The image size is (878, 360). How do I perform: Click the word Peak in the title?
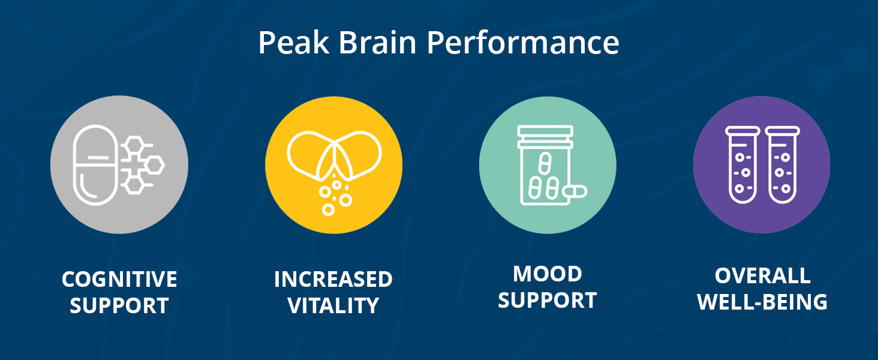pyautogui.click(x=294, y=43)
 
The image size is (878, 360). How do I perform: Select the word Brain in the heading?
pyautogui.click(x=377, y=43)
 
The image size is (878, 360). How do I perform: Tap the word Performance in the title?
pyautogui.click(x=523, y=43)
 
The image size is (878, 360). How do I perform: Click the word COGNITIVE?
pyautogui.click(x=119, y=279)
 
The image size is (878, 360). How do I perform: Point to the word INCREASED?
pyautogui.click(x=333, y=279)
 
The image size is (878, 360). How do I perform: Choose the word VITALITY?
pyautogui.click(x=333, y=305)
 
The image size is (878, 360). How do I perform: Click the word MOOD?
pyautogui.click(x=548, y=274)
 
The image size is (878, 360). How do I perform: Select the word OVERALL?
pyautogui.click(x=762, y=275)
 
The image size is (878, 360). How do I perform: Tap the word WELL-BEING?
pyautogui.click(x=762, y=302)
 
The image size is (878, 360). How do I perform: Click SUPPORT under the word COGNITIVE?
pyautogui.click(x=119, y=305)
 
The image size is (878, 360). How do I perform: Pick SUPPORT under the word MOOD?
pyautogui.click(x=548, y=300)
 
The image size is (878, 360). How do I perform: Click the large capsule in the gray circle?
pyautogui.click(x=95, y=165)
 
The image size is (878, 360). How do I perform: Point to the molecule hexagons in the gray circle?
pyautogui.click(x=142, y=165)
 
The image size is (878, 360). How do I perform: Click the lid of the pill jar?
pyautogui.click(x=545, y=137)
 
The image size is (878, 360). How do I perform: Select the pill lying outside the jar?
pyautogui.click(x=575, y=191)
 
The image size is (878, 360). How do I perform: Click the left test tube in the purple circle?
pyautogui.click(x=742, y=165)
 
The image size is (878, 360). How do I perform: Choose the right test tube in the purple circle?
pyautogui.click(x=783, y=165)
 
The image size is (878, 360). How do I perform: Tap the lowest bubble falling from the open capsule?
pyautogui.click(x=328, y=210)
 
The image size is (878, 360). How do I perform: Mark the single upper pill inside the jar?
pyautogui.click(x=545, y=163)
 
